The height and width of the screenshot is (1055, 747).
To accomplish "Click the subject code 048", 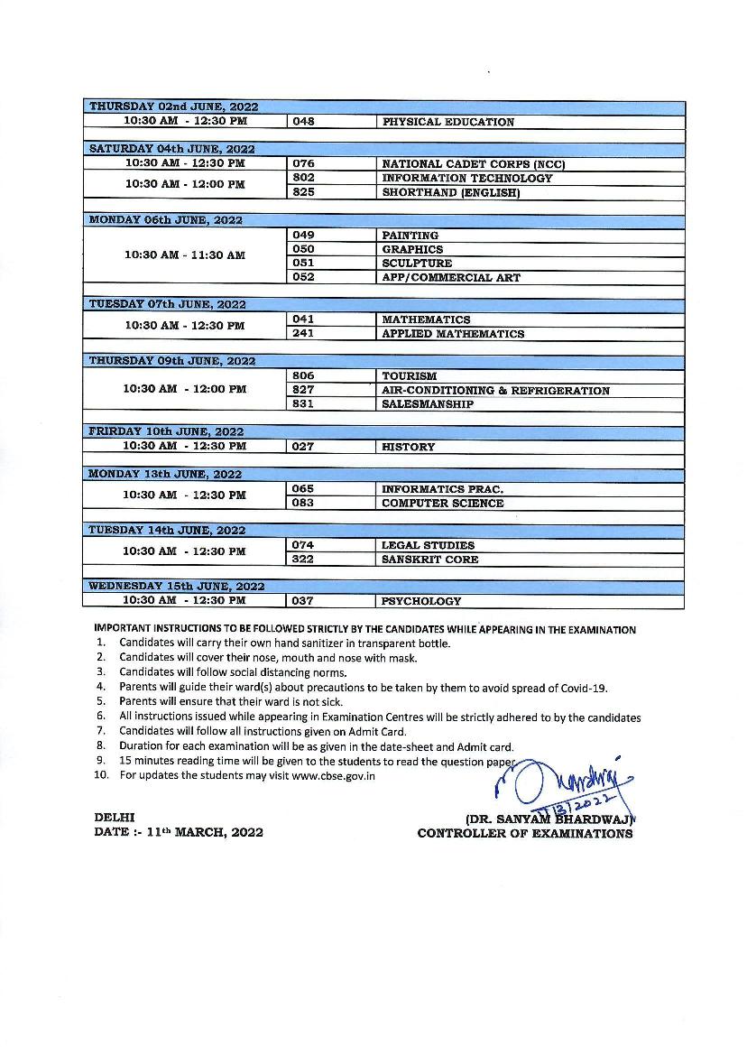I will [304, 122].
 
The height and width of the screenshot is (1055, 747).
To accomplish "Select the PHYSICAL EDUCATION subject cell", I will [448, 122].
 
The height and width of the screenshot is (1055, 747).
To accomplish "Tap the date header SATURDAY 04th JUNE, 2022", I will [171, 149].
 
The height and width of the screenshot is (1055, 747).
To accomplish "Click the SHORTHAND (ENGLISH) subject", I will [451, 192].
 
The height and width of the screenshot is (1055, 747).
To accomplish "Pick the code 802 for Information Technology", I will [304, 178].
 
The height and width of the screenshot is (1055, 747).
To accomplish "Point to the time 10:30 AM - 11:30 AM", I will [185, 255].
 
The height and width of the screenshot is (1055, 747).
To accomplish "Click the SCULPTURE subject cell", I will [417, 264].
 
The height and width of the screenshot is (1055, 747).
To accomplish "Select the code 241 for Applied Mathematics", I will [304, 334].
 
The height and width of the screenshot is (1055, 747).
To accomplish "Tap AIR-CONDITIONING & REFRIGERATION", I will [495, 390].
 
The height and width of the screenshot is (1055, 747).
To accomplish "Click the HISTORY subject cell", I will [408, 447].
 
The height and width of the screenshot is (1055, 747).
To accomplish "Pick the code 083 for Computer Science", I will [304, 503].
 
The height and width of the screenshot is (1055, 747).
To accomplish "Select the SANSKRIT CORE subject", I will [429, 560].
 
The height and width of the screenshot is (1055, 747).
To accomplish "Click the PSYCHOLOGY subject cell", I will [421, 601].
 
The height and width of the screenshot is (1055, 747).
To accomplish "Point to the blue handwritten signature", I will [568, 785].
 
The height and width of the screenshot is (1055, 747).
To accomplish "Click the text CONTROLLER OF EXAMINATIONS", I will [524, 834].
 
